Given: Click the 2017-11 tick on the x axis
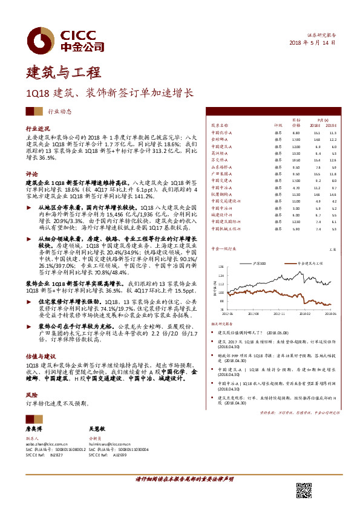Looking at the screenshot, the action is coord(279,314).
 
